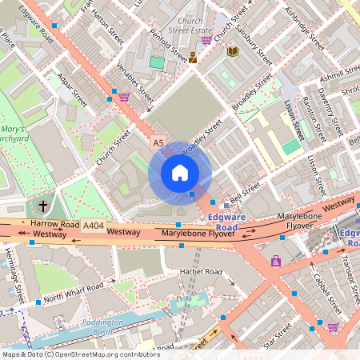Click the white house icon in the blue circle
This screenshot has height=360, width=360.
(x=180, y=173)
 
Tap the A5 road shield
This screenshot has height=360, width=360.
(x=158, y=142)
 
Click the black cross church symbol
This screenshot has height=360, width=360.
(x=42, y=206)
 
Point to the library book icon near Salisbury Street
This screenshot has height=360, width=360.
(x=232, y=51)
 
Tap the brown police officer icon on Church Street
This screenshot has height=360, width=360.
(x=194, y=57)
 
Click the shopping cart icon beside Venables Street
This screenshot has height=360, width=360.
(x=124, y=96)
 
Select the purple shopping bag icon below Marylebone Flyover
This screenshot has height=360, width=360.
(x=276, y=261)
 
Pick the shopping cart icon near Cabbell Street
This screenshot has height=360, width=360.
(x=333, y=326)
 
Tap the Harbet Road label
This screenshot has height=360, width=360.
(x=200, y=272)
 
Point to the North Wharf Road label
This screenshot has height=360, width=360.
(x=74, y=293)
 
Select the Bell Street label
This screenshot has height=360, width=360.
(x=245, y=190)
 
